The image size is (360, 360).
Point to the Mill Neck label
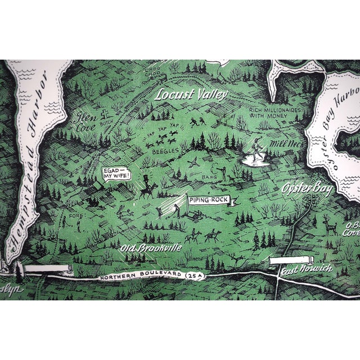282,144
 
